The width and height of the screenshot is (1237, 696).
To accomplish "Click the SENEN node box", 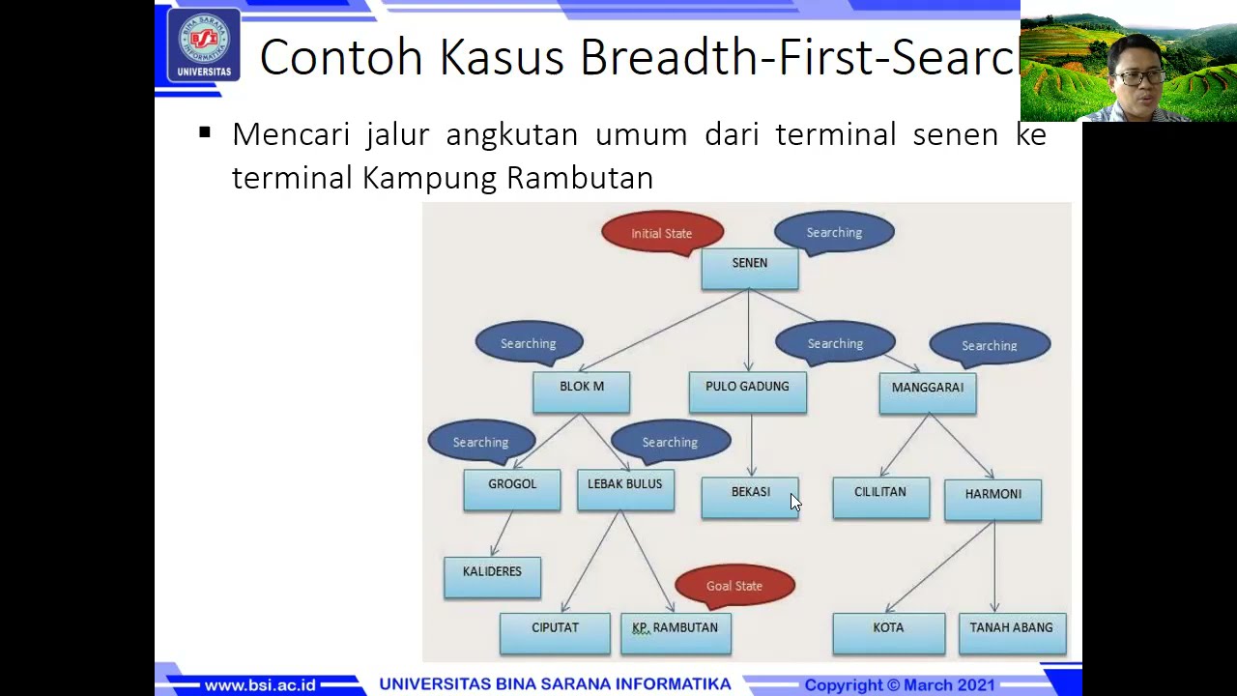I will pos(750,269).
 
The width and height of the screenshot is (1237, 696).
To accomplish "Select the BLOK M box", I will pos(581,392).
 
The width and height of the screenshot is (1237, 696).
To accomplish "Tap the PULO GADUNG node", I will pos(747,392).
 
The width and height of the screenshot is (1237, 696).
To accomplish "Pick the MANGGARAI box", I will pos(928,393).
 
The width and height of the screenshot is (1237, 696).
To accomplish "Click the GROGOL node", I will pos(512,490).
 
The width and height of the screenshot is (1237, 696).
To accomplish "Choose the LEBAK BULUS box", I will pos(625,490).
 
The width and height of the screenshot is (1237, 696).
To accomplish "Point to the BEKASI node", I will pos(750,498).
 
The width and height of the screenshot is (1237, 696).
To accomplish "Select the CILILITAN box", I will pos(880,498).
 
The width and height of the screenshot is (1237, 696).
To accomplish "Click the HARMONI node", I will pos(992,500).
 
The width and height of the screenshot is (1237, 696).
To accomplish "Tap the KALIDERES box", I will pos(492,577).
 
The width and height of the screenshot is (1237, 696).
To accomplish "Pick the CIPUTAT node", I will pos(555,633).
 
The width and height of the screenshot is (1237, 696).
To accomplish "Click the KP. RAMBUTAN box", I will pos(676,633).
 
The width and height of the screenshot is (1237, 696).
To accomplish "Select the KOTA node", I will pos(888,633).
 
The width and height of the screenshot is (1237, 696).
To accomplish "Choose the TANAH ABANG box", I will pos(1012,633).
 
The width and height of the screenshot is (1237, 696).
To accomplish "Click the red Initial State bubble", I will pos(662,233).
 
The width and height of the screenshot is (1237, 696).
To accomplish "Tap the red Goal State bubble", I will pos(734,586).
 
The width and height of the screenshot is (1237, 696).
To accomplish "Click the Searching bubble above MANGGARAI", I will pos(990,345).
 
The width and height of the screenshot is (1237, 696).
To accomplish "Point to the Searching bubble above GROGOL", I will pos(480,442).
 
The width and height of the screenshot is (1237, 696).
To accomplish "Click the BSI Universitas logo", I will pos(204,44).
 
